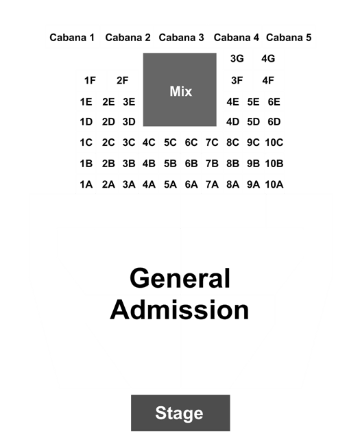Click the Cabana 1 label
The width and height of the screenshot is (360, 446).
pyautogui.click(x=72, y=38)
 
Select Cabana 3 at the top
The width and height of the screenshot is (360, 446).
pyautogui.click(x=181, y=38)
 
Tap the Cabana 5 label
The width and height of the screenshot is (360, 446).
pyautogui.click(x=289, y=38)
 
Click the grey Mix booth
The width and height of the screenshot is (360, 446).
pyautogui.click(x=180, y=90)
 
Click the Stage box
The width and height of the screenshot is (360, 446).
pyautogui.click(x=180, y=412)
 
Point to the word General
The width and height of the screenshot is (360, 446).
pyautogui.click(x=180, y=278)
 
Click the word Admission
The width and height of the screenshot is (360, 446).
pyautogui.click(x=180, y=310)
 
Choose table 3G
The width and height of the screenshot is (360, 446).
pyautogui.click(x=237, y=59)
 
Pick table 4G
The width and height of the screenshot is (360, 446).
pyautogui.click(x=268, y=59)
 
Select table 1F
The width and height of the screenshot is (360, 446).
pyautogui.click(x=90, y=80)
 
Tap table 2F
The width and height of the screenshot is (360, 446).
pyautogui.click(x=122, y=80)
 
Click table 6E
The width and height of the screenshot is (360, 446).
pyautogui.click(x=274, y=102)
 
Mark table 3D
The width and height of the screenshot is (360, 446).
pyautogui.click(x=129, y=122)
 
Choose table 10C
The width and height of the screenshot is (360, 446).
pyautogui.click(x=274, y=143)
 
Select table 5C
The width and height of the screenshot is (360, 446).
pyautogui.click(x=170, y=143)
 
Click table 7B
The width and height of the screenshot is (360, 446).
pyautogui.click(x=212, y=164)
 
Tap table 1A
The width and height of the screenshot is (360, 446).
pyautogui.click(x=86, y=184)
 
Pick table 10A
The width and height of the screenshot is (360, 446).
pyautogui.click(x=274, y=184)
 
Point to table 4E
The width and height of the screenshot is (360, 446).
pyautogui.click(x=232, y=102)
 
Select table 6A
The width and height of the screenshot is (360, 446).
pyautogui.click(x=191, y=184)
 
